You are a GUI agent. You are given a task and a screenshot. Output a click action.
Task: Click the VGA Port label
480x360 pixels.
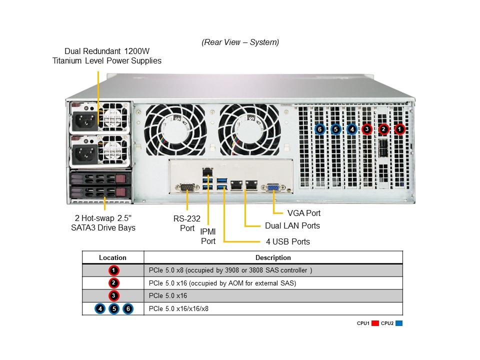304,213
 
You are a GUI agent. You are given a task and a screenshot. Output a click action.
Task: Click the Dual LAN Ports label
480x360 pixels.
292,226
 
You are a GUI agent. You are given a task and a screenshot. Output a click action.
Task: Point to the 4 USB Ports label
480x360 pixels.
288,242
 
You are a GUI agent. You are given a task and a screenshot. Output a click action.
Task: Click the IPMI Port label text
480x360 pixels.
208,236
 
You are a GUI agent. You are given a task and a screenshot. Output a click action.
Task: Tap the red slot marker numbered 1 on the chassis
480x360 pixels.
399,129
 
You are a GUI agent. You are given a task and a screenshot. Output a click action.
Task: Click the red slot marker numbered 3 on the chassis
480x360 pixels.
367,129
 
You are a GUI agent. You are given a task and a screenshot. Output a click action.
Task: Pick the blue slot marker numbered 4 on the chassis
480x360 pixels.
351,129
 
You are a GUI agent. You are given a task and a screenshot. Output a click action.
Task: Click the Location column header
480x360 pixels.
113,257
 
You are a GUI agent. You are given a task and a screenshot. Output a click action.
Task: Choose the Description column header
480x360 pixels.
273,257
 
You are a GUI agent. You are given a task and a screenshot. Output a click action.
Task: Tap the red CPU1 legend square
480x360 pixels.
375,323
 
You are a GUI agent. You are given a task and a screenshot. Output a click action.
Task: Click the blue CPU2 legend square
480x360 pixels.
398,323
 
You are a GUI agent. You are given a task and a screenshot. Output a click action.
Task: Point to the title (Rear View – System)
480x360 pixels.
240,42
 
